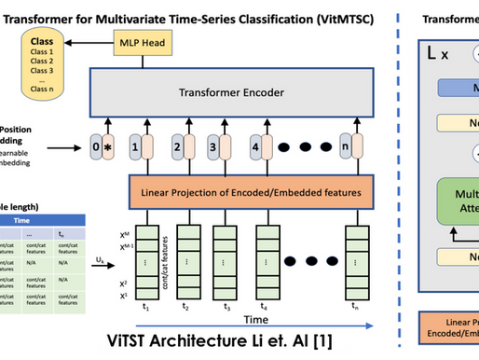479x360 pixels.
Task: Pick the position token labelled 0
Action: (x=95, y=147)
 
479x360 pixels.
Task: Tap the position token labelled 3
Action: (x=212, y=147)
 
